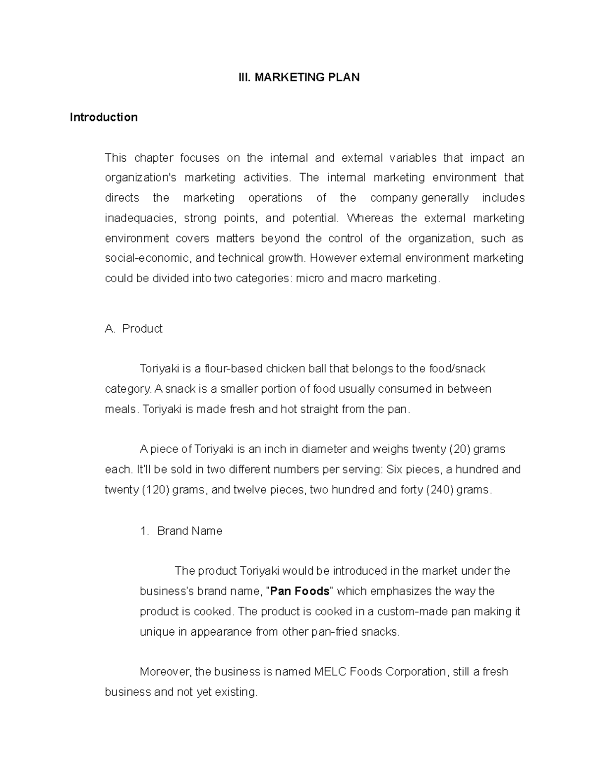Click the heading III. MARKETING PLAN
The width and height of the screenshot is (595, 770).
pos(297,77)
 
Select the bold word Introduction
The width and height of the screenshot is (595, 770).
pos(104,118)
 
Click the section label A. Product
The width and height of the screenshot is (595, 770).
pos(134,329)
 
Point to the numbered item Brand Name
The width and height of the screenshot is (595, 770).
pos(189,531)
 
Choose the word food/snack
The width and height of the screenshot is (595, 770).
pos(456,369)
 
